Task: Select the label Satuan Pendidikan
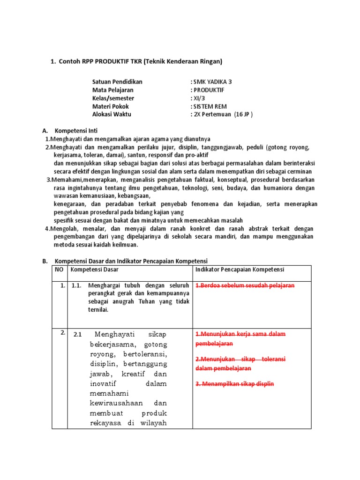tap(117, 82)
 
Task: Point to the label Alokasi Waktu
tap(112, 114)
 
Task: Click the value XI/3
tap(198, 98)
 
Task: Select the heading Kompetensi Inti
tap(76, 130)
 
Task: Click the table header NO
tap(59, 270)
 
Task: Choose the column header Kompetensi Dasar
tap(94, 270)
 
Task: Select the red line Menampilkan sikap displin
tap(234, 383)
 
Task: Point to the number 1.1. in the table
tap(77, 285)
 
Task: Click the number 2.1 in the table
tap(78, 335)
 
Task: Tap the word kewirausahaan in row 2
tap(111, 403)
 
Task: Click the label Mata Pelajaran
tap(113, 90)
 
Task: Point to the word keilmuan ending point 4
tap(126, 244)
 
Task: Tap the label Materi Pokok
tap(111, 106)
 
